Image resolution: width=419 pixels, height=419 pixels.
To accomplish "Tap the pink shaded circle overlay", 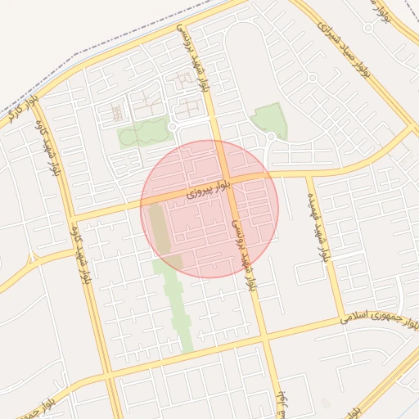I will click(209, 209).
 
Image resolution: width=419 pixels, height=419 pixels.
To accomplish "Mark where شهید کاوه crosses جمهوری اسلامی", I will click(105, 375).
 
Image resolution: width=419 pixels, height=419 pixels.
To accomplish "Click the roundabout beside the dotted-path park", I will click(173, 128).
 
